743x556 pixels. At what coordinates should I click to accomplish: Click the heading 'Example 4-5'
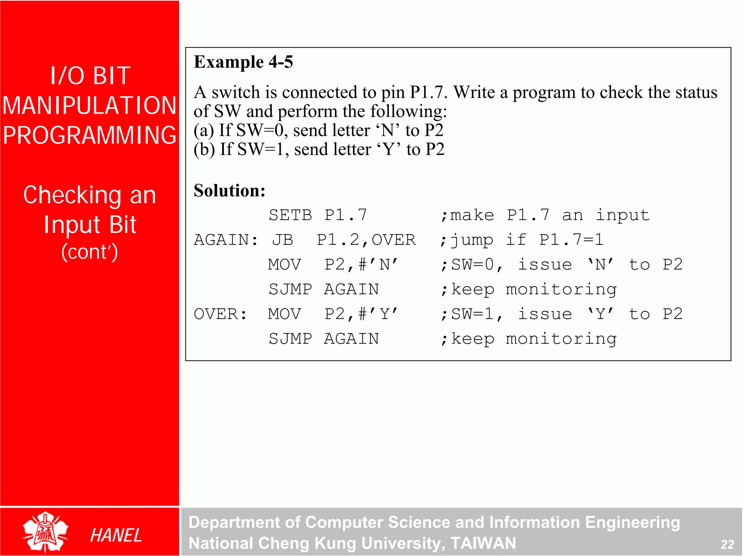click(243, 62)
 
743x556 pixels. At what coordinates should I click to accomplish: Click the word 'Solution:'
click(229, 191)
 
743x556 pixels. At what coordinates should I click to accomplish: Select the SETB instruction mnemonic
click(290, 215)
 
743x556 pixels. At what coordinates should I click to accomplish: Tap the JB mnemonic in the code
click(283, 240)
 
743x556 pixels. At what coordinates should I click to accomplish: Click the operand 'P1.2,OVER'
click(366, 240)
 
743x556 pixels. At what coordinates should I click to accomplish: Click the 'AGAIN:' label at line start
click(226, 240)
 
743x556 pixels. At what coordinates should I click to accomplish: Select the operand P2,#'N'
click(361, 265)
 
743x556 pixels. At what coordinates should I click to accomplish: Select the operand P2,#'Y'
click(361, 314)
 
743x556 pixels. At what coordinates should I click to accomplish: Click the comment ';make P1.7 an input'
click(545, 215)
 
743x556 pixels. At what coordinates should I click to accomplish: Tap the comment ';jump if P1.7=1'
click(521, 240)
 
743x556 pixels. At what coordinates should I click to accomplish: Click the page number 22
click(727, 544)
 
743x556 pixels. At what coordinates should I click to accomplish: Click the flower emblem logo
click(45, 532)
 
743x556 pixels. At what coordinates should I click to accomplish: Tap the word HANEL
click(116, 536)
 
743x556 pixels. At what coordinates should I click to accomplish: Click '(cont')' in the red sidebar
click(90, 252)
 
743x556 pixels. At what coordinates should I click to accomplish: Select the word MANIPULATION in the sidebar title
click(90, 106)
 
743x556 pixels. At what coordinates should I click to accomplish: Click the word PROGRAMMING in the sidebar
click(90, 135)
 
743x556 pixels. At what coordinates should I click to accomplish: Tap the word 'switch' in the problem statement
click(236, 92)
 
